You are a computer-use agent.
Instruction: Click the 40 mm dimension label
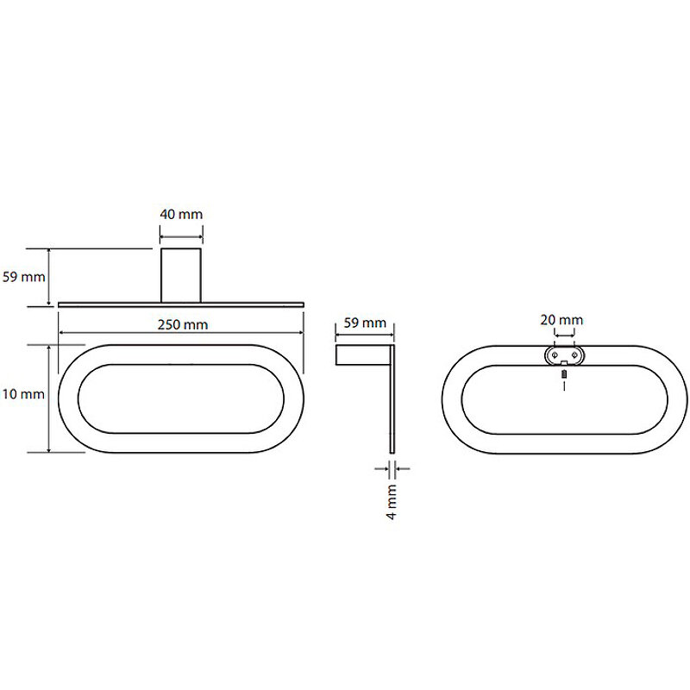tap(181, 214)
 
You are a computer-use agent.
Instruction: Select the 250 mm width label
tap(183, 325)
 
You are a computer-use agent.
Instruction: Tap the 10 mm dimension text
tap(23, 394)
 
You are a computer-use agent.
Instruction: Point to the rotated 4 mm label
tap(392, 502)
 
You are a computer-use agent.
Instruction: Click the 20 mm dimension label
tap(561, 320)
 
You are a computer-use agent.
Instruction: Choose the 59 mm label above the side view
tap(365, 323)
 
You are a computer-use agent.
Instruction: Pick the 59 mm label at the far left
tap(24, 277)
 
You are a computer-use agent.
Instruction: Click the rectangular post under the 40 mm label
tap(181, 275)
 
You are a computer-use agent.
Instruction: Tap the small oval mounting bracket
tap(565, 355)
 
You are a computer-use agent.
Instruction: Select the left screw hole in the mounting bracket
tap(555, 354)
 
